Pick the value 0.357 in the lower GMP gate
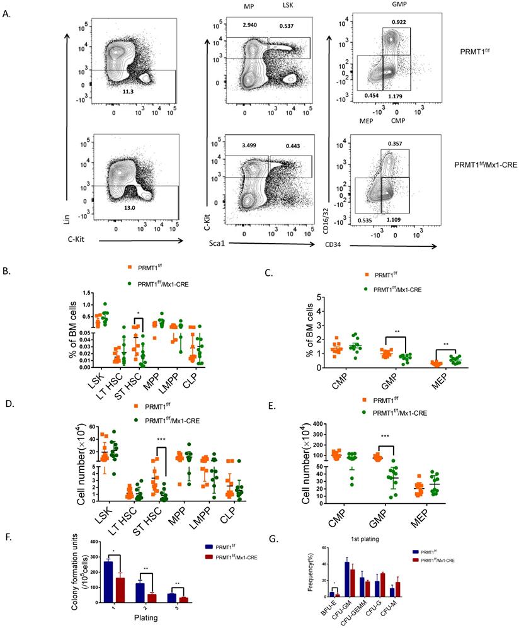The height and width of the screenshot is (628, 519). point(396,143)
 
